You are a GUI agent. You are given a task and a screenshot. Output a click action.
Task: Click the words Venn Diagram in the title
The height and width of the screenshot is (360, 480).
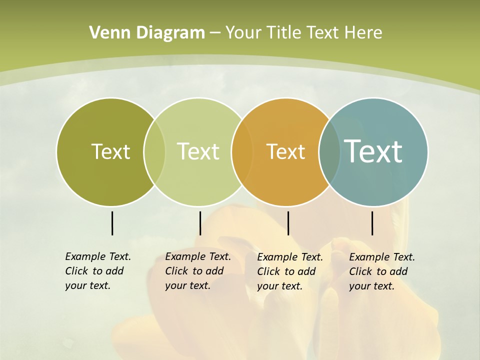click(147, 33)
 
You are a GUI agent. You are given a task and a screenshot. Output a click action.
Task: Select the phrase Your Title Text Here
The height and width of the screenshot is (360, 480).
click(303, 33)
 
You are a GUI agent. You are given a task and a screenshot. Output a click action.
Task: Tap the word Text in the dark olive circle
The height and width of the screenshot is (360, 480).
click(110, 151)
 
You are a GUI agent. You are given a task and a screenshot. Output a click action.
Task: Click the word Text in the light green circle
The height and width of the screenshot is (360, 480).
click(198, 151)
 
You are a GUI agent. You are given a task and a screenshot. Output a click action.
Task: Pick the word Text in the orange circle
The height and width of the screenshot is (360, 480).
click(285, 151)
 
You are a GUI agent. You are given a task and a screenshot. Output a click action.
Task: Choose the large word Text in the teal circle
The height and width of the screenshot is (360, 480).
click(373, 151)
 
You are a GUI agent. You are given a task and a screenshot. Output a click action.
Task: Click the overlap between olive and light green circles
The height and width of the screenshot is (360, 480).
click(154, 152)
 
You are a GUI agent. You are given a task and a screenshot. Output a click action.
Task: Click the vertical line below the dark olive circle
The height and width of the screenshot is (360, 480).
click(112, 223)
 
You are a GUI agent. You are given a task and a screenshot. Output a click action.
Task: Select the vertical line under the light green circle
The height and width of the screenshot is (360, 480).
click(200, 223)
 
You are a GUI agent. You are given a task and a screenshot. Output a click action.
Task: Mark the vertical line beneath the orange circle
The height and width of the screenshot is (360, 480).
click(288, 223)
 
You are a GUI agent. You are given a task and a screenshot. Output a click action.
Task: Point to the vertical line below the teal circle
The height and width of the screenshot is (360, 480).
click(372, 223)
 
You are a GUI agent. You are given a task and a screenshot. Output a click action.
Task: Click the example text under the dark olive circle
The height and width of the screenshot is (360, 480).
click(97, 271)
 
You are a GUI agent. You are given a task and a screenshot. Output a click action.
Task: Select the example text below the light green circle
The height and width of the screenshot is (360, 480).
click(197, 271)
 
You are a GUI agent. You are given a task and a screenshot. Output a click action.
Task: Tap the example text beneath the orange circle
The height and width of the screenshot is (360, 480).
click(289, 271)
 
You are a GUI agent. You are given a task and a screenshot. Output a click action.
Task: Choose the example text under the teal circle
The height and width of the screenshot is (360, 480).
click(381, 271)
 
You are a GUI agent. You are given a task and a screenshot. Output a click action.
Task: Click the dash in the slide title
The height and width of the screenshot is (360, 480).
click(215, 33)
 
